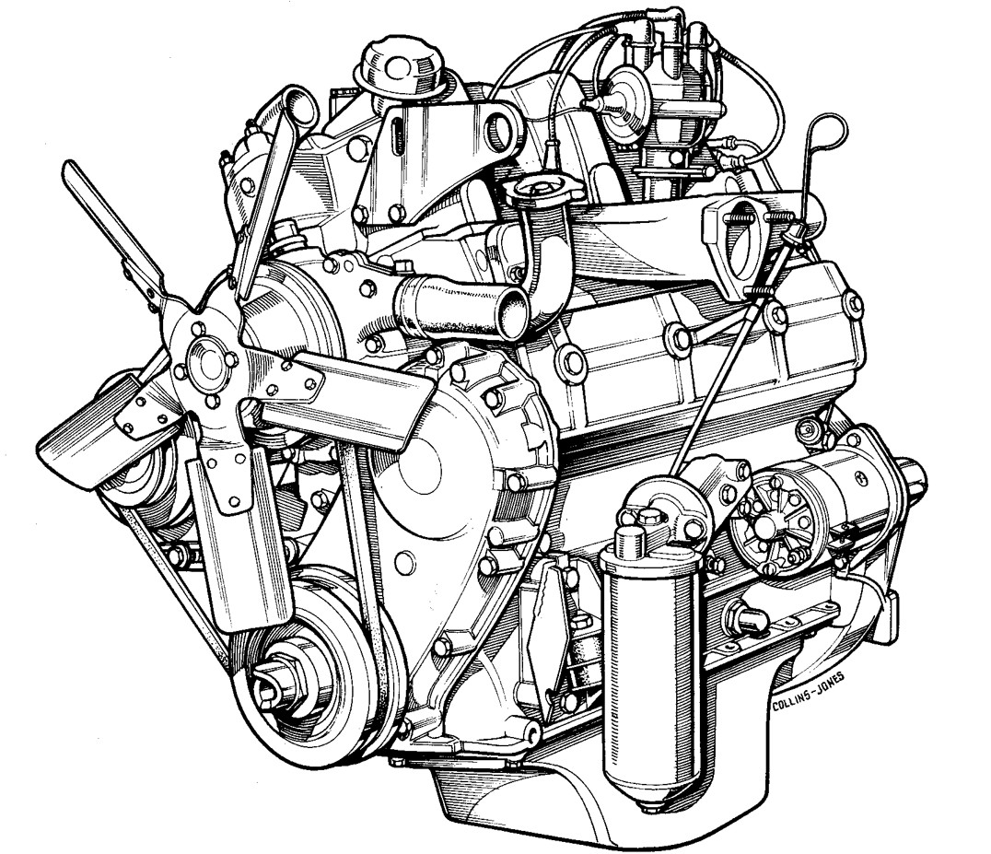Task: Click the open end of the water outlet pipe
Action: [510, 310]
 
